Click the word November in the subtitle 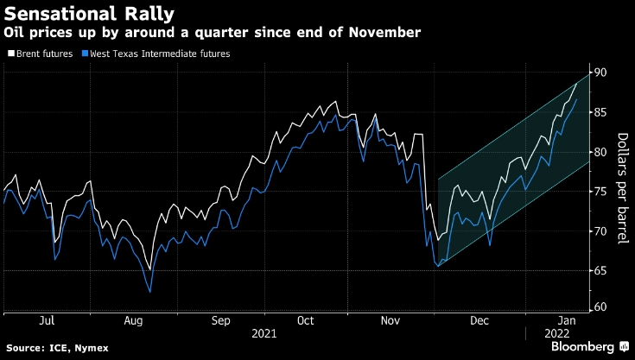(x=387, y=32)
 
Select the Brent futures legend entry (x=39, y=54)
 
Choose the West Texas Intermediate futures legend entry (x=159, y=54)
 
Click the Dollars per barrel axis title (x=621, y=187)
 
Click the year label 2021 (x=264, y=332)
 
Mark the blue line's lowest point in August (x=150, y=292)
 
